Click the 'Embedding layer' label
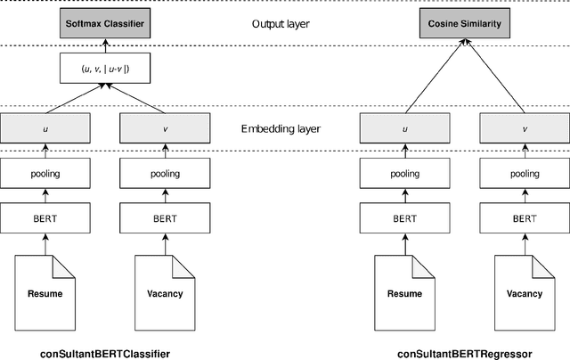281,129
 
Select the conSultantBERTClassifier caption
104,354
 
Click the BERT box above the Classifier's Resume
45,217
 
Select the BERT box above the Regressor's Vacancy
524,217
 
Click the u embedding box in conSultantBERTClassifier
45,129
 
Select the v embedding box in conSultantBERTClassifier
165,129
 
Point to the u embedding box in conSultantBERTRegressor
405,129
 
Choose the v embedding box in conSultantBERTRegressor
524,129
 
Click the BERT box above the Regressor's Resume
405,217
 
